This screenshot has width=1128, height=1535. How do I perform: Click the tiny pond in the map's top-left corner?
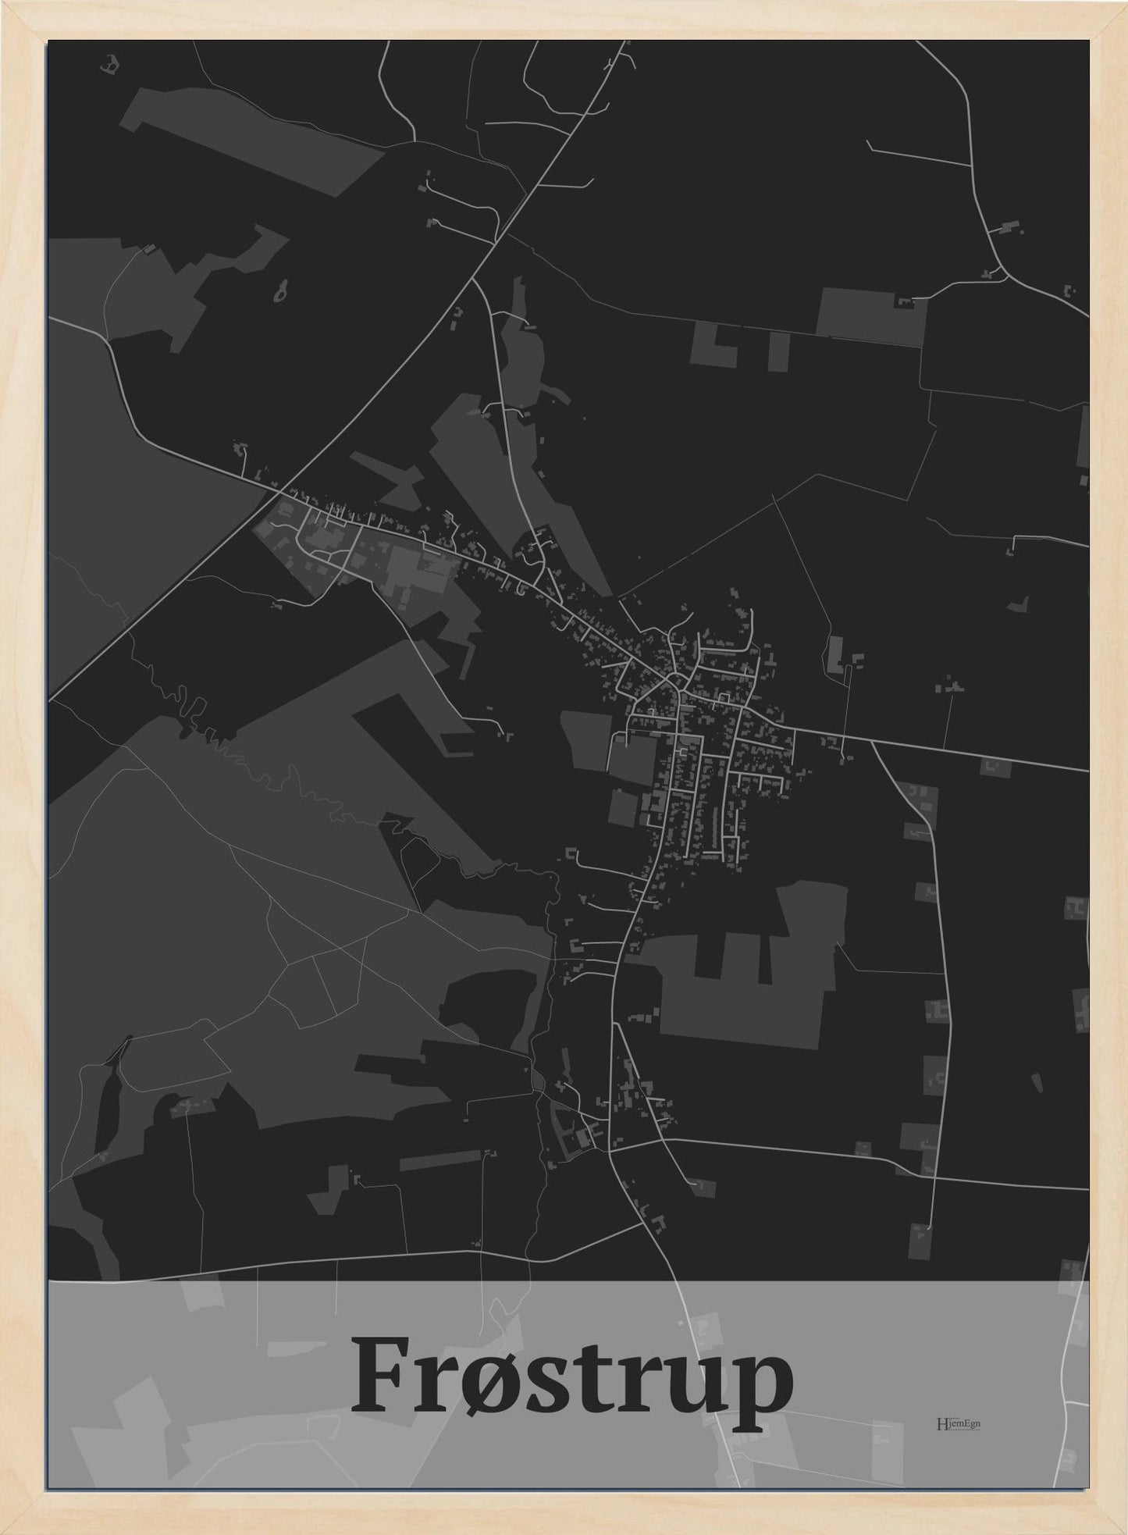pos(110,64)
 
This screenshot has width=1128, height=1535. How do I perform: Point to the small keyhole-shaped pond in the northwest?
pos(279,290)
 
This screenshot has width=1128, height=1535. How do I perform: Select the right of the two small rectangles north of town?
pos(778,351)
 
